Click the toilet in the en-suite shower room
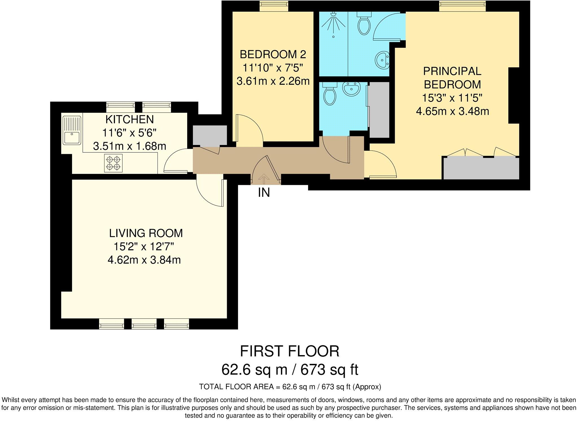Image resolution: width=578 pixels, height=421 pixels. coord(364,23)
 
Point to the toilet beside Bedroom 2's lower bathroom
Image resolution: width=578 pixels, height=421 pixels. coord(330,94)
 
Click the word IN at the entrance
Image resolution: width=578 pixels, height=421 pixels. coord(264,193)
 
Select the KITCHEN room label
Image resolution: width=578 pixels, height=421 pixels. coord(130,119)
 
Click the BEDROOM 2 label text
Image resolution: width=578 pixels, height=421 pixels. coord(273,54)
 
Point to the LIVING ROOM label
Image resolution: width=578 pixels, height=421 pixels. coord(146,233)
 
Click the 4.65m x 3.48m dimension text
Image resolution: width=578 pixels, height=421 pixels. coord(452,111)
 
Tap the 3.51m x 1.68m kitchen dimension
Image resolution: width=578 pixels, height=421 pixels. coord(130,146)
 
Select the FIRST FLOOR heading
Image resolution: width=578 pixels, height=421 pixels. coord(289,351)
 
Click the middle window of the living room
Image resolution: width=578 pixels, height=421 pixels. coord(144,324)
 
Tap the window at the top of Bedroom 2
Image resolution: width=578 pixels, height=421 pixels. coord(274,6)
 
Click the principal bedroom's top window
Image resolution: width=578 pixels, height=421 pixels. coord(462,6)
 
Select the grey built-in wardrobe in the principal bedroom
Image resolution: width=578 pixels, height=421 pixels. coord(481,169)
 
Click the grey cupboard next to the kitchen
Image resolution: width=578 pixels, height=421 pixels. coord(210,136)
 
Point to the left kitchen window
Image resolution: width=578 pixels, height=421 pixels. coord(121,107)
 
